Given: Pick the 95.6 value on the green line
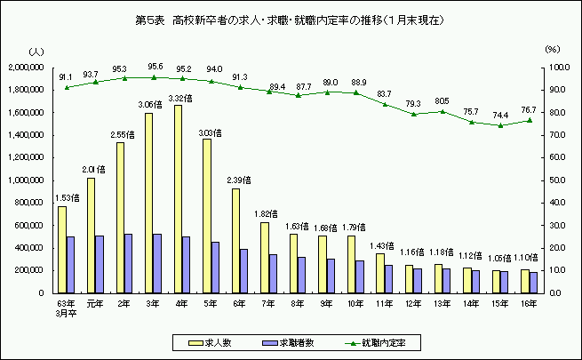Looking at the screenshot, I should (155, 66).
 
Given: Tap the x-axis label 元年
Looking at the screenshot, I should (94, 302).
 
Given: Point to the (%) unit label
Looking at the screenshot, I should (552, 51).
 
